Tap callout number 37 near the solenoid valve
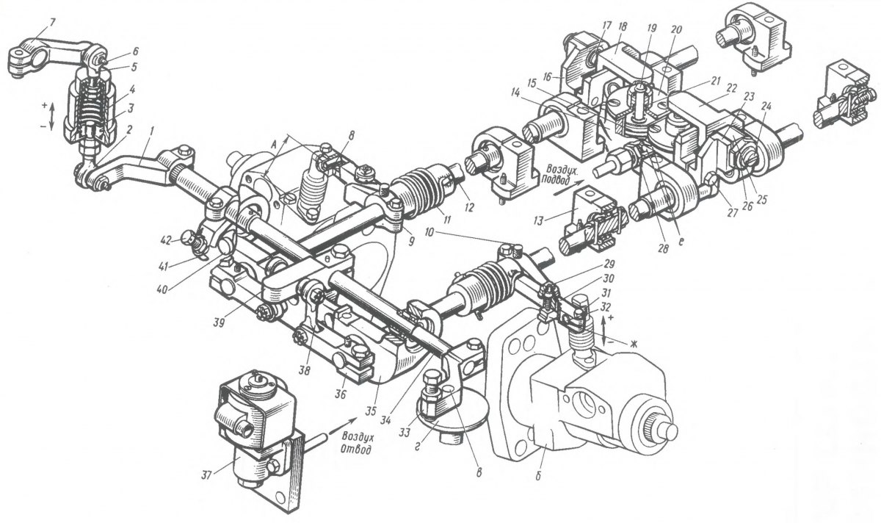pyautogui.click(x=206, y=476)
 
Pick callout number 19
pyautogui.click(x=651, y=29)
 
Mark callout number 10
pyautogui.click(x=429, y=232)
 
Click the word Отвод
pyautogui.click(x=356, y=450)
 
